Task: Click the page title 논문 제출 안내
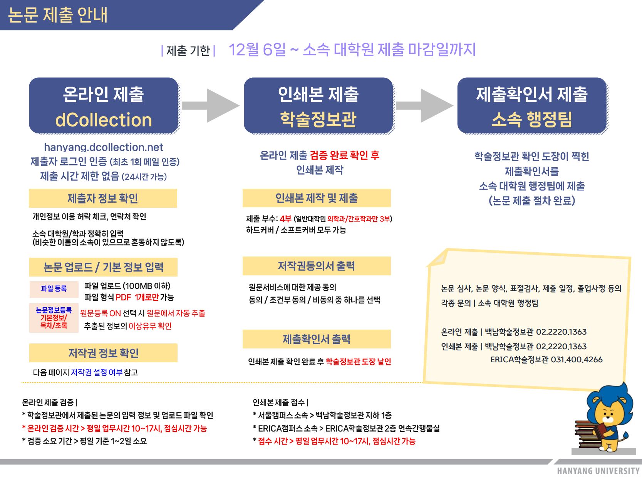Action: click(x=58, y=15)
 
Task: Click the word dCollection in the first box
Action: click(x=103, y=120)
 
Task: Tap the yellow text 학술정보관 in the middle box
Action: click(x=318, y=119)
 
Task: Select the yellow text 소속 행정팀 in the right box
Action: click(x=532, y=119)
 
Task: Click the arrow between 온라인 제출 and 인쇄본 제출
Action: click(x=211, y=106)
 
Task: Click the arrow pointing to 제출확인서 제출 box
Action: click(x=425, y=106)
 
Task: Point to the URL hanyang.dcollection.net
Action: click(x=104, y=147)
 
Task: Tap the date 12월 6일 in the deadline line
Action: click(x=257, y=50)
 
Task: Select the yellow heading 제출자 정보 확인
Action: click(x=103, y=198)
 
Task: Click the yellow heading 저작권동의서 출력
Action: click(x=317, y=266)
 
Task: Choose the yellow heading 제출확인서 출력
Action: click(x=317, y=339)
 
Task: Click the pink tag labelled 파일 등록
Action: click(x=54, y=289)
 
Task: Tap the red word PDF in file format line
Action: click(x=123, y=297)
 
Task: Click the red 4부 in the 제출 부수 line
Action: click(x=286, y=219)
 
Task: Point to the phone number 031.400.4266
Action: click(x=577, y=360)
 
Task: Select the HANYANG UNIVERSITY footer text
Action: click(x=598, y=471)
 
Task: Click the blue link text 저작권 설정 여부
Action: click(x=97, y=372)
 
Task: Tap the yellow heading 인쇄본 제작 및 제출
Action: click(x=317, y=198)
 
